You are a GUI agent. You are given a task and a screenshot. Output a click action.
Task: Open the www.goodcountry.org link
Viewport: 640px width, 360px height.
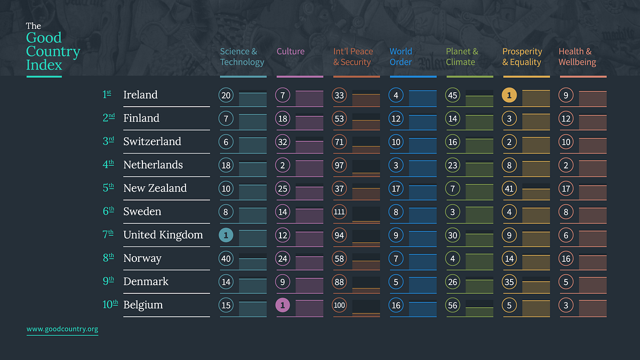[62, 329]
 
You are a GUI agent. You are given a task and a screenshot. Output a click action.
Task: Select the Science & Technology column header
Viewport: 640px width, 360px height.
[242, 57]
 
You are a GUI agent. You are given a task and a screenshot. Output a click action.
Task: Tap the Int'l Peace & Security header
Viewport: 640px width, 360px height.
[353, 57]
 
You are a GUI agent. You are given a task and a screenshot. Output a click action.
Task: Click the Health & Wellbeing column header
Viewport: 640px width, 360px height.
[577, 57]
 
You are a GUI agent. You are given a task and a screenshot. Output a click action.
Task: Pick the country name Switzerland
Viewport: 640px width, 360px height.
[152, 141]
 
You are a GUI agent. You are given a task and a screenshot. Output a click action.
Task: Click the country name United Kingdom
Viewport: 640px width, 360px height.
[163, 235]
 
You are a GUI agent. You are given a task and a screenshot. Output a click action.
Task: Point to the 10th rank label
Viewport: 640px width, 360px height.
[110, 305]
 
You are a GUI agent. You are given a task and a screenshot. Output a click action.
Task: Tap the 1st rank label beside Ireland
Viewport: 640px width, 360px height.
[107, 94]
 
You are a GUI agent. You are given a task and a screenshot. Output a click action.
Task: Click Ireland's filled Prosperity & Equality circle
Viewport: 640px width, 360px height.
[509, 95]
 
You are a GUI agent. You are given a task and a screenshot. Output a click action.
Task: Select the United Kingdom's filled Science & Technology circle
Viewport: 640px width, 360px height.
[226, 235]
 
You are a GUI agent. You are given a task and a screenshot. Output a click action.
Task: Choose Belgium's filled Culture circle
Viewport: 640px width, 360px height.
[283, 305]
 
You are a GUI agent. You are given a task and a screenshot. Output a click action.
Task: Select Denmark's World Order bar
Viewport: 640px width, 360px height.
[423, 285]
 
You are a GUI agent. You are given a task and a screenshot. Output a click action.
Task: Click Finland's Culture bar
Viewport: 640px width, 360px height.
[309, 123]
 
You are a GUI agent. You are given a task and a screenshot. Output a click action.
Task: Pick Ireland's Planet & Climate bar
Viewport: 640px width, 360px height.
[479, 101]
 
